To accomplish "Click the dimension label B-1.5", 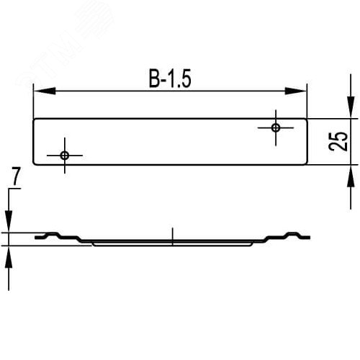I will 171,80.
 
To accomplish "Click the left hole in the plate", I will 65,155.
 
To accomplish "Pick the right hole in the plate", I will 276,127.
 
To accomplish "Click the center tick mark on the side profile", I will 173,234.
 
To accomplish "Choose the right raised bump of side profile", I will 295,234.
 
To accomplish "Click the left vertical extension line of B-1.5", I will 34,101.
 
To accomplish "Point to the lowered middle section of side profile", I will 173,243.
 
